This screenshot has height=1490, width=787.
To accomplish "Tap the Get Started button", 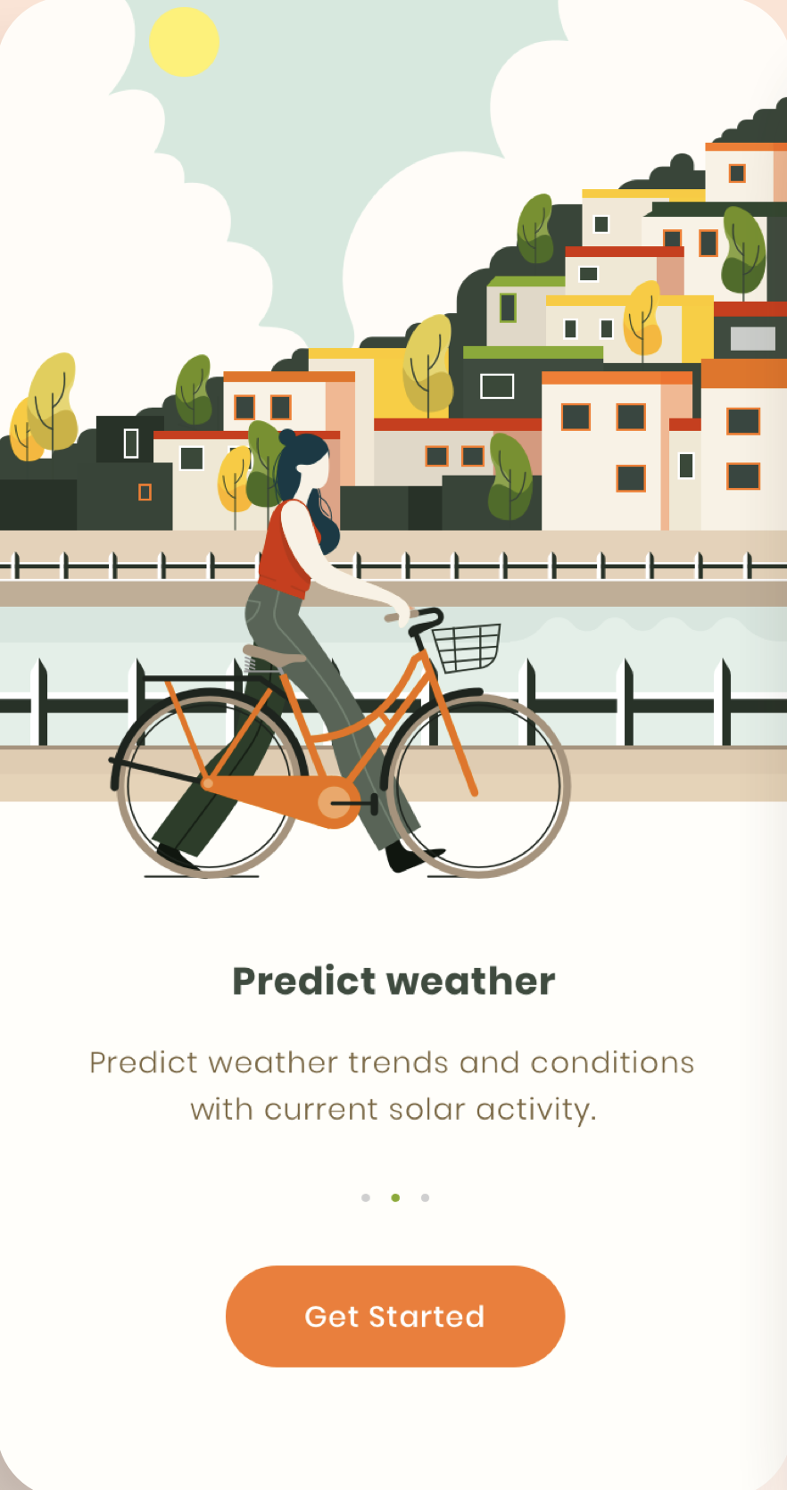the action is point(395,1316).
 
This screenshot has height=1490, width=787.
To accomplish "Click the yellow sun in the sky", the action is point(184,41).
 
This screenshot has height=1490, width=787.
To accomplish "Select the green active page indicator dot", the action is point(395,1197).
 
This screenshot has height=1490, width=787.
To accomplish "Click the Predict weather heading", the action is point(393,981).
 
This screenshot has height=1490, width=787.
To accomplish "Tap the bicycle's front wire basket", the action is point(467,647).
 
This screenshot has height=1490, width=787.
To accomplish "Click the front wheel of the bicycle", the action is point(478,785).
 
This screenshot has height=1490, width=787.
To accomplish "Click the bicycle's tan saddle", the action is point(273,655).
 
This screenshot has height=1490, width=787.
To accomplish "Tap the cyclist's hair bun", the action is point(287,437).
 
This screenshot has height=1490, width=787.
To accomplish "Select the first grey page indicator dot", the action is point(365,1197).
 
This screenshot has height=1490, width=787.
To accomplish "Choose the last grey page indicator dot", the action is point(425,1197).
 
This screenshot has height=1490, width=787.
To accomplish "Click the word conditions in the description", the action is point(612,1063).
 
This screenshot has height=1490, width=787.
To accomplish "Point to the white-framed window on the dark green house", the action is point(497,385).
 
